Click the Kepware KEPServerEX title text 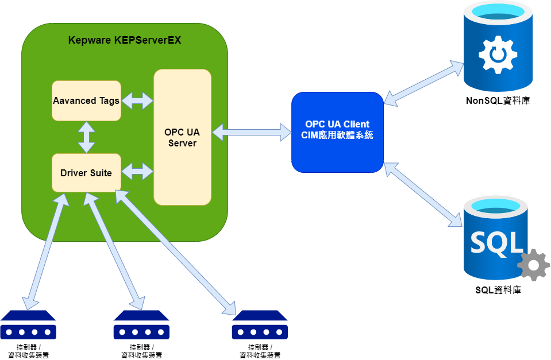(125, 40)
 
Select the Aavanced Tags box (86, 100)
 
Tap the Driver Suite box (86, 172)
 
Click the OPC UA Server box (182, 137)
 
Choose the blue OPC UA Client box (337, 131)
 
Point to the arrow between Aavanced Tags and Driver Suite (86, 137)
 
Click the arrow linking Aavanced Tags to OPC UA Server (137, 101)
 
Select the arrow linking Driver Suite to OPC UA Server (137, 171)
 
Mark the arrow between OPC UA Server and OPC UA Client (251, 132)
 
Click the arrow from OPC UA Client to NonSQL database (423, 82)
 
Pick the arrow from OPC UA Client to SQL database (425, 193)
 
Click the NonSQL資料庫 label (498, 101)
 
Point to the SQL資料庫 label (498, 290)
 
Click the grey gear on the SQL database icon (533, 265)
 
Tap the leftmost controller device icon (28, 326)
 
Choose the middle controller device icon (141, 326)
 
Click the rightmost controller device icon (260, 326)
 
